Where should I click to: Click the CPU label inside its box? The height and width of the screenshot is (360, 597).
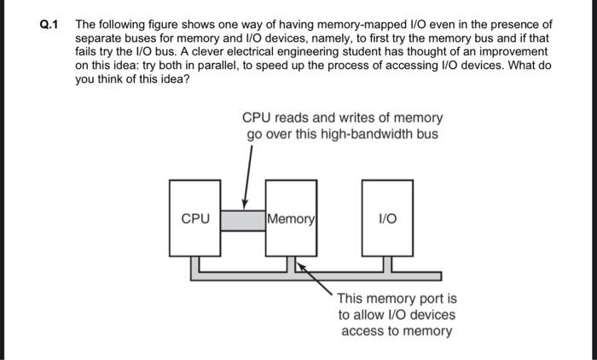[x=195, y=219]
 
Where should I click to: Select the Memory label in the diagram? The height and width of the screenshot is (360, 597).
[x=292, y=219]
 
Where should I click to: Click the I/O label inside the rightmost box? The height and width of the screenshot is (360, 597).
[x=388, y=219]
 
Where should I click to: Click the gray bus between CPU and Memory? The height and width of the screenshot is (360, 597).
[x=244, y=220]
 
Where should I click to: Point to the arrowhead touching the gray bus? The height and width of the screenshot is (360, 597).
[x=246, y=205]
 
